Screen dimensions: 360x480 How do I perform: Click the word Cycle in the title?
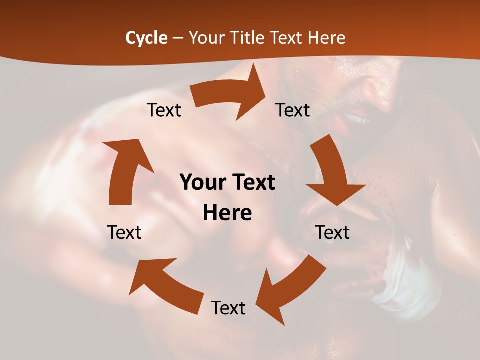point(146,38)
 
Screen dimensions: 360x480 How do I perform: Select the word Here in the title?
point(326,38)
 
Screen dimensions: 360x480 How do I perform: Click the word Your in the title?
point(206,38)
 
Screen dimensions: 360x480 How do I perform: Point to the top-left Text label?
point(164,110)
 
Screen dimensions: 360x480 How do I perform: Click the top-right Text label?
point(293,110)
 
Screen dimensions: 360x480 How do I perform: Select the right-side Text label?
point(332,232)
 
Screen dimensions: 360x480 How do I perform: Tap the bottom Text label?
point(228,308)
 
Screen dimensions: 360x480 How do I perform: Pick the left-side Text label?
point(124,232)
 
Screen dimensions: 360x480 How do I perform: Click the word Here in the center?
point(227,213)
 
